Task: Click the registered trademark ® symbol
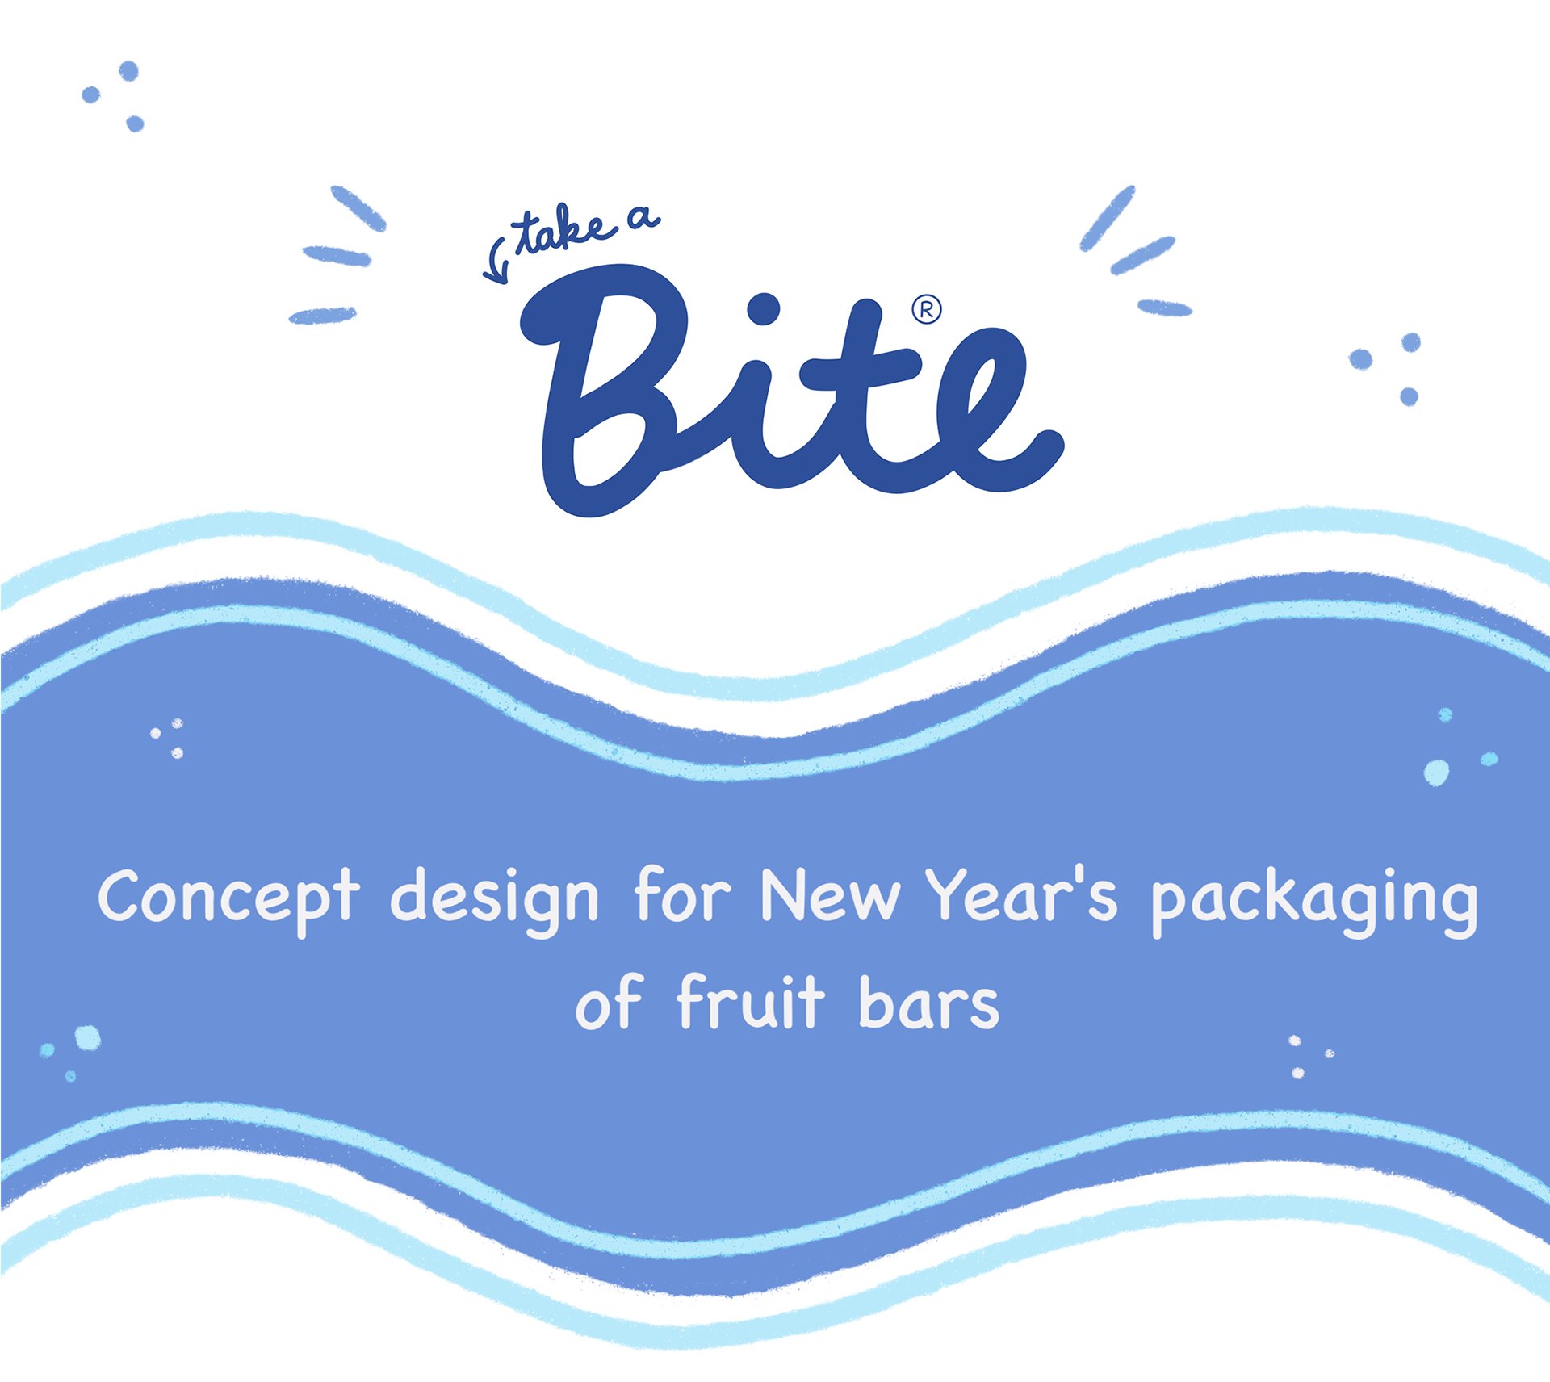(x=927, y=310)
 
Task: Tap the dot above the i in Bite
(x=763, y=308)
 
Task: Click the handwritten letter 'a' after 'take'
(x=643, y=217)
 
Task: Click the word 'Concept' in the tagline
(x=228, y=898)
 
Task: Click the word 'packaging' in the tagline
(x=1314, y=900)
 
